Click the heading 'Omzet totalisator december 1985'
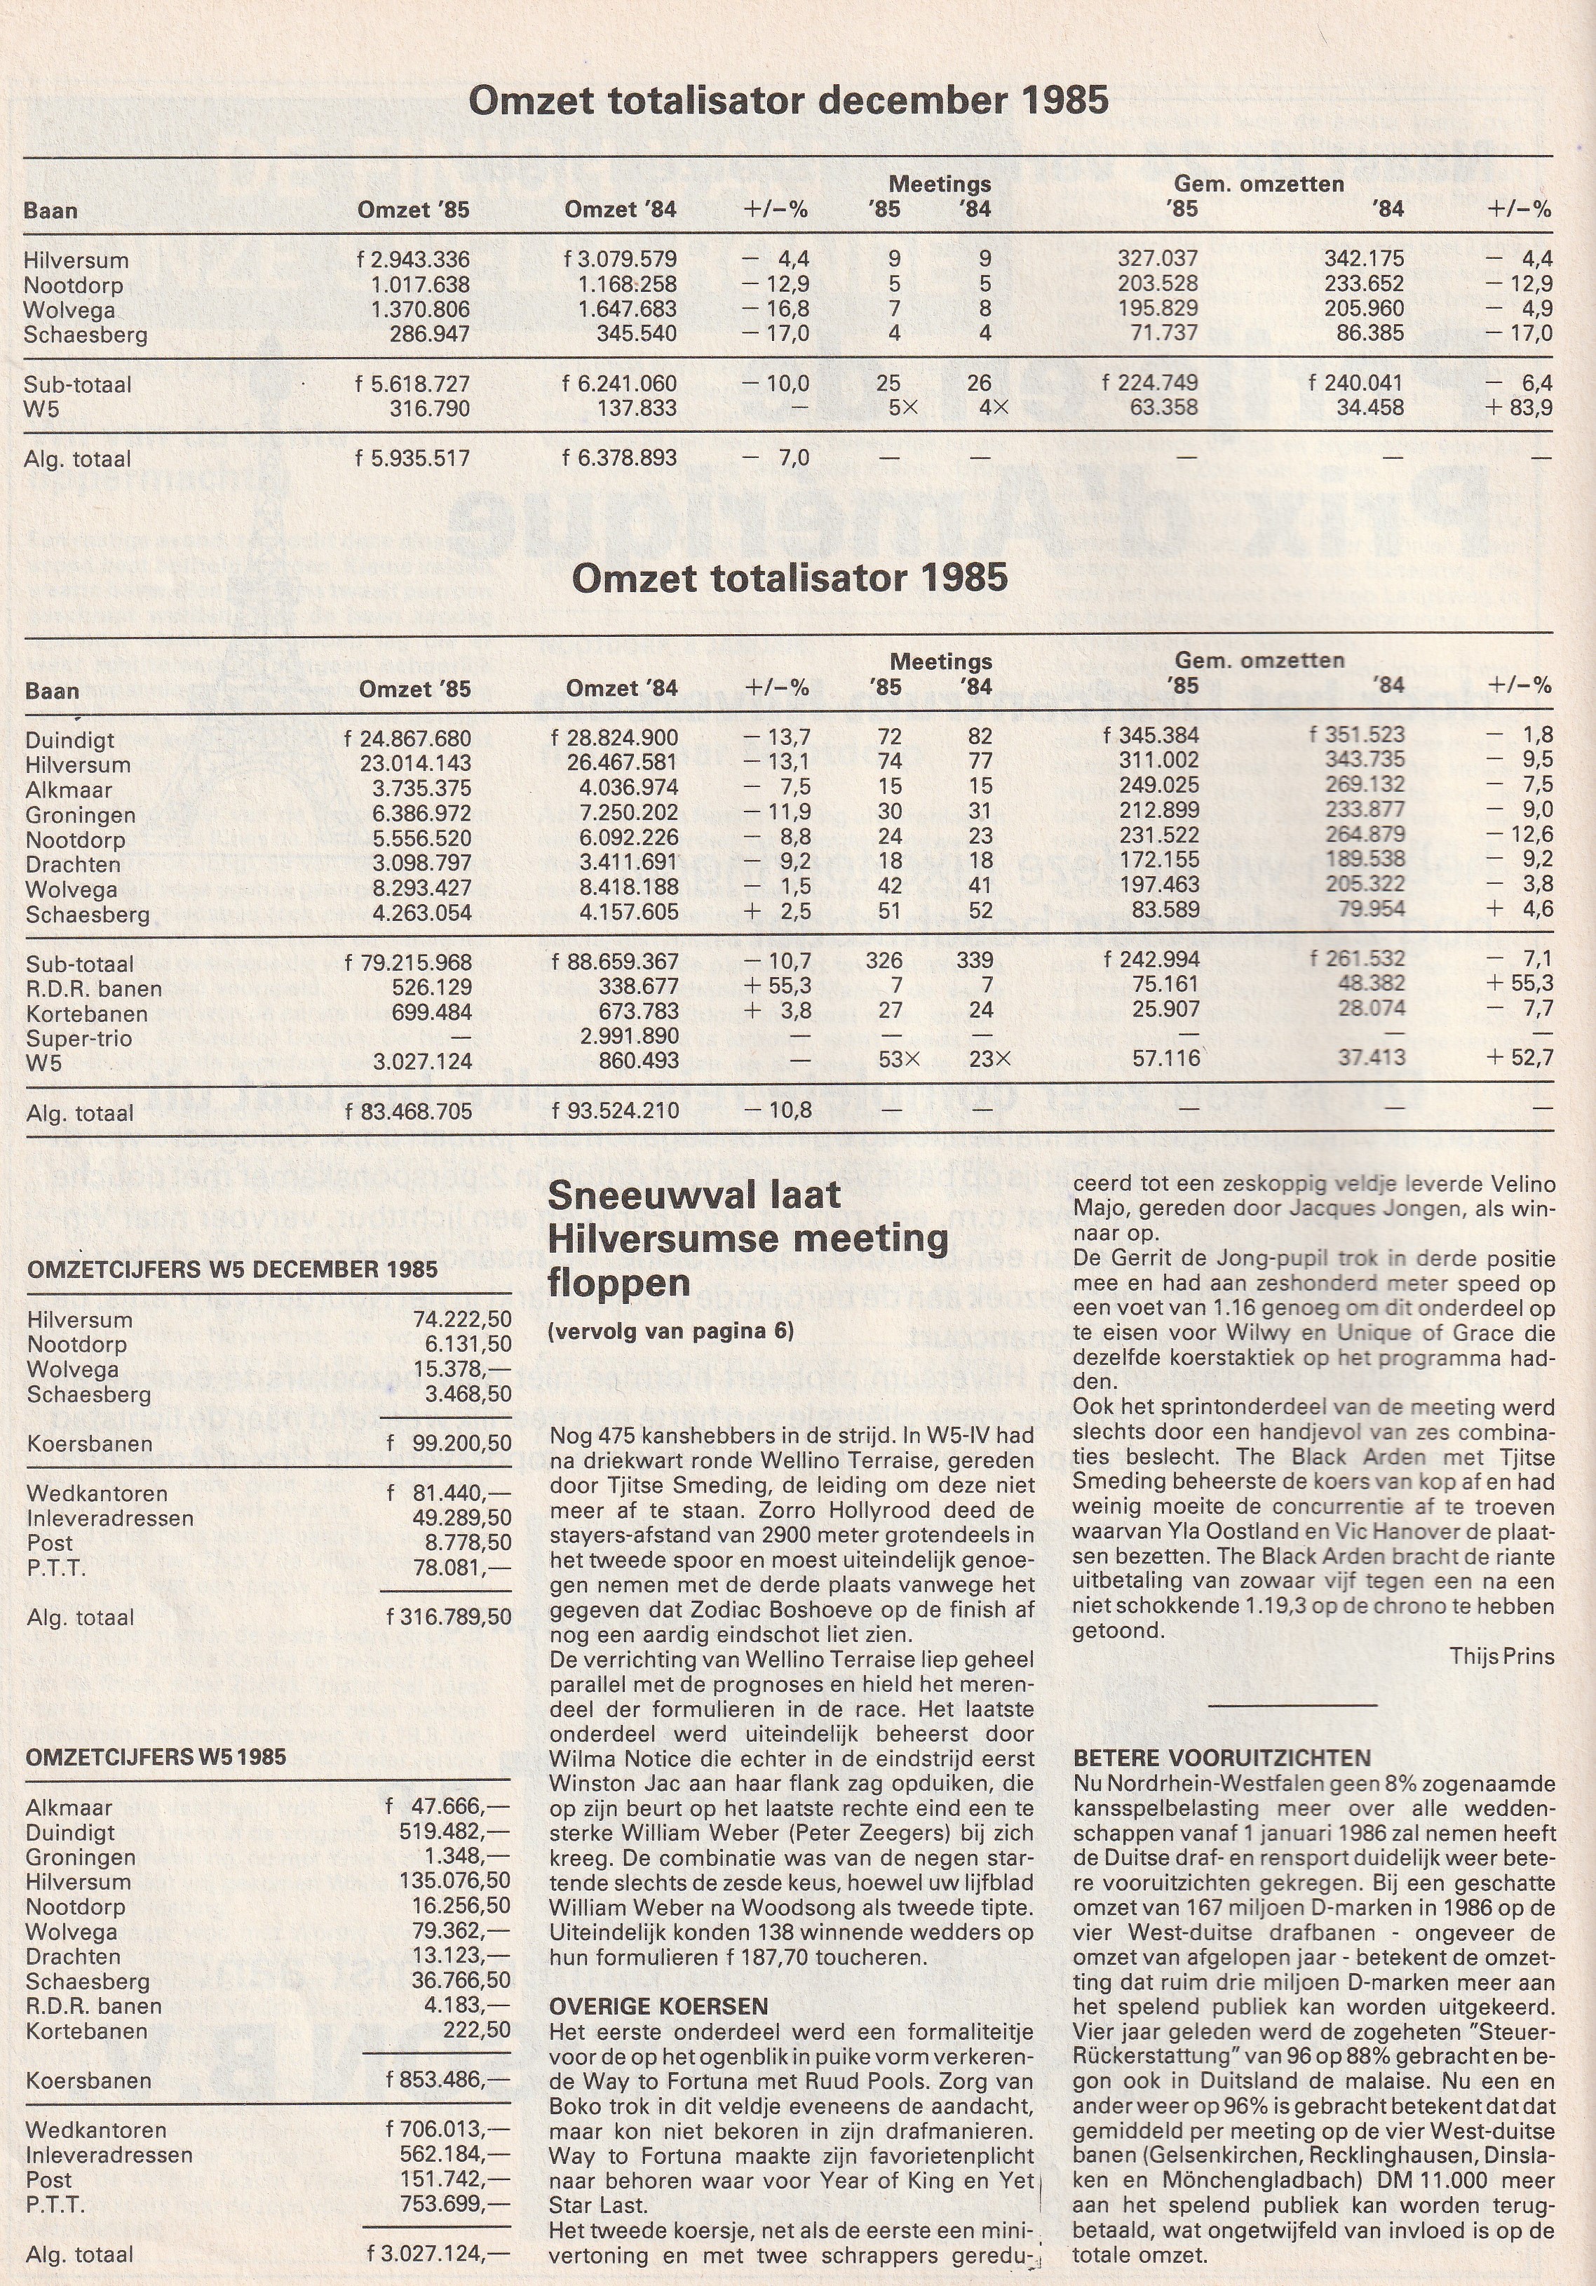click(x=787, y=100)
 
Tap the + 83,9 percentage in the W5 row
click(x=1520, y=408)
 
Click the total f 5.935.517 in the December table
click(x=412, y=459)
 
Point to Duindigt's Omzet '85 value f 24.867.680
click(x=408, y=739)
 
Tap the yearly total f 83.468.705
click(x=408, y=1112)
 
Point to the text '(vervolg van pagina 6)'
click(x=670, y=1331)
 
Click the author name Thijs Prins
click(x=1501, y=1656)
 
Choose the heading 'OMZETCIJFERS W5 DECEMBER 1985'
click(x=232, y=1270)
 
